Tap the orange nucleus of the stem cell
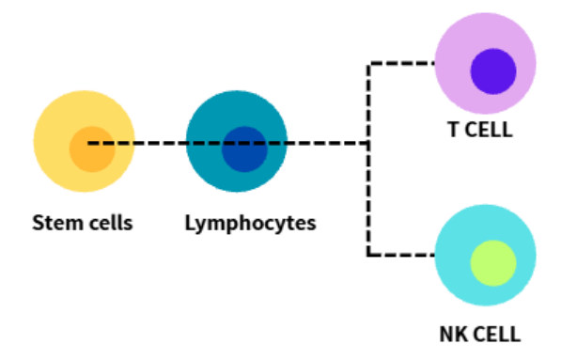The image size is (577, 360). pyautogui.click(x=92, y=158)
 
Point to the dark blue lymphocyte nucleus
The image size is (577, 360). pyautogui.click(x=244, y=158)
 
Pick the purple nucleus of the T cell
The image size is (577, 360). pyautogui.click(x=493, y=71)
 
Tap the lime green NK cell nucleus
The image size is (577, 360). pyautogui.click(x=493, y=263)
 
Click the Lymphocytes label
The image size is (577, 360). pyautogui.click(x=250, y=224)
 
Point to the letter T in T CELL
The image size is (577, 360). pyautogui.click(x=453, y=130)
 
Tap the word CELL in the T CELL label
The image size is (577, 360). pyautogui.click(x=489, y=130)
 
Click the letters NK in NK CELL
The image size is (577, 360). pyautogui.click(x=454, y=335)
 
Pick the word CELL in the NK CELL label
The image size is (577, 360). pyautogui.click(x=497, y=335)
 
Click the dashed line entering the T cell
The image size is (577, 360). pyautogui.click(x=401, y=64)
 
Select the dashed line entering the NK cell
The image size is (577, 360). pyautogui.click(x=401, y=255)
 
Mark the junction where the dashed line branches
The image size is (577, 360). pyautogui.click(x=368, y=143)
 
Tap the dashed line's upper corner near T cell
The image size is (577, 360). pyautogui.click(x=368, y=64)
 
